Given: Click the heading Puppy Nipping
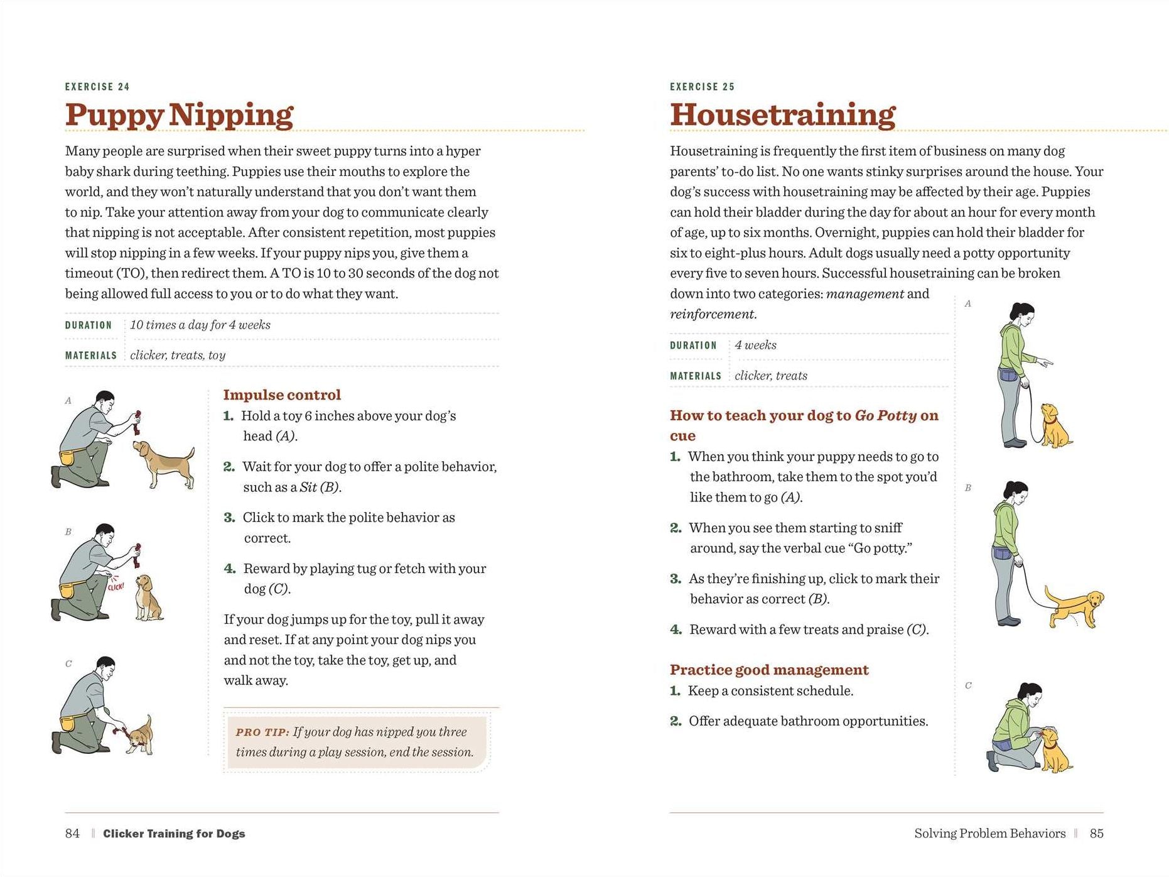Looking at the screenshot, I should [x=179, y=115].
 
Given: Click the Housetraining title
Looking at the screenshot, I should [x=782, y=115].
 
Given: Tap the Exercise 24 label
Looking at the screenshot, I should [x=97, y=87].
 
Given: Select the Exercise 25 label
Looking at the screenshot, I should [x=702, y=87].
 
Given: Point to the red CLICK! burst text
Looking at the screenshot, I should [x=116, y=587].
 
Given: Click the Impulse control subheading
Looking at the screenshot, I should [x=282, y=395].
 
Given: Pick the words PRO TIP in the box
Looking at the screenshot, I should [x=262, y=732].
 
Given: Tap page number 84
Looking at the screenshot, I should [x=72, y=833].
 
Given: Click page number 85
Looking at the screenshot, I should [x=1096, y=833].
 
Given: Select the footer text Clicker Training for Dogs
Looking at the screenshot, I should [x=174, y=834].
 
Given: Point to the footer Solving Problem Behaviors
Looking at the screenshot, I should [x=989, y=833].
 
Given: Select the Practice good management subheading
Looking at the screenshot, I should [x=769, y=670].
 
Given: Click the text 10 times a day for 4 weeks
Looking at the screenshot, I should [x=200, y=325].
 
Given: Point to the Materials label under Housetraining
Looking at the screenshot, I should [x=696, y=376].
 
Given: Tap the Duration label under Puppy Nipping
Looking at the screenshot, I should [x=89, y=325].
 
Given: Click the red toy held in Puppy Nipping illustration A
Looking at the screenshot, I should [x=137, y=422].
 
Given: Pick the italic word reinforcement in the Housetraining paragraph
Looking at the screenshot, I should [x=712, y=314].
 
